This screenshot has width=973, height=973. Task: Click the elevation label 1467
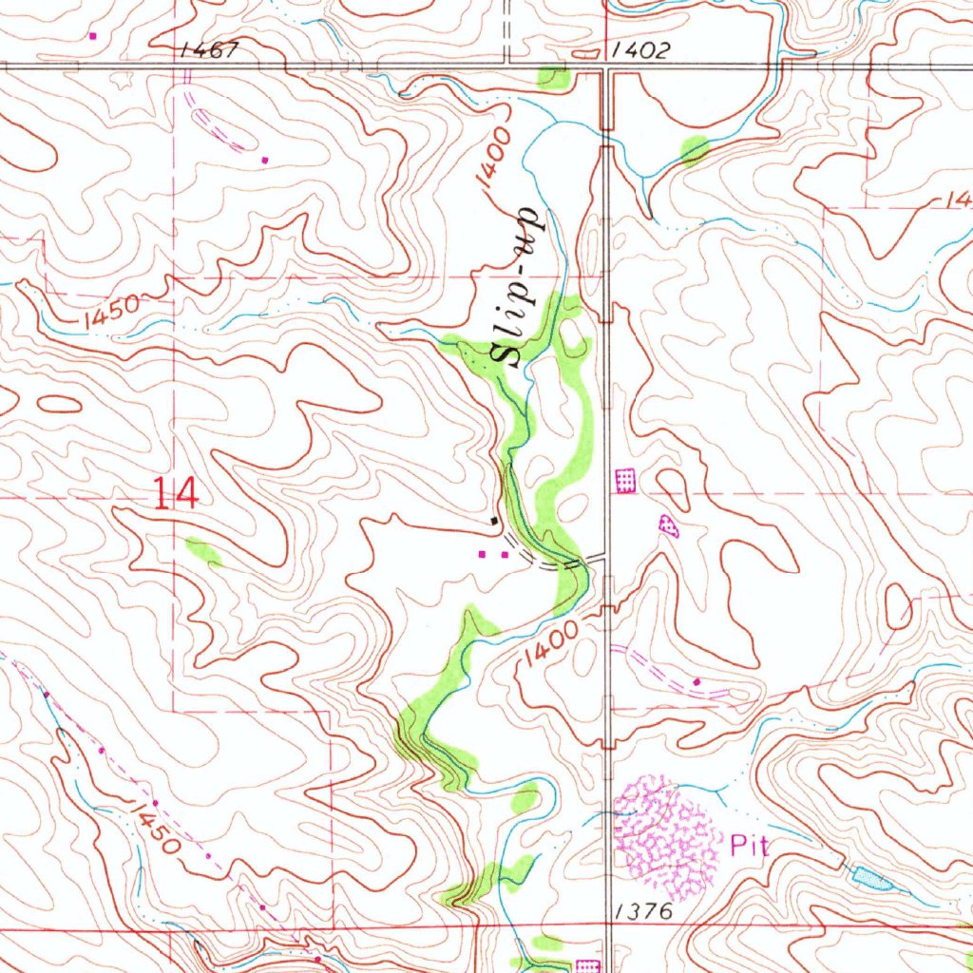coord(208,50)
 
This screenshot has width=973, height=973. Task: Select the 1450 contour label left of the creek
coord(111,315)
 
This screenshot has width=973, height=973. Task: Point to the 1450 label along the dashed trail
coord(154,827)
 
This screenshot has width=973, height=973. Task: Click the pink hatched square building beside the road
coord(625,481)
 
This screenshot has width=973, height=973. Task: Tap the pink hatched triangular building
coord(669,525)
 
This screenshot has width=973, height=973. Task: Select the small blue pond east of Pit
coord(872,877)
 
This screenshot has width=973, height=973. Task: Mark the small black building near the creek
coord(493,521)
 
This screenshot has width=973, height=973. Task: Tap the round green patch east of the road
coord(695,149)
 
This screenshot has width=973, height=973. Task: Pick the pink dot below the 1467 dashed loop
coord(265,160)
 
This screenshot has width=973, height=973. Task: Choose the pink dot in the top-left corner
coord(92,36)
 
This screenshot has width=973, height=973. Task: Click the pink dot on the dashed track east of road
coord(696,681)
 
